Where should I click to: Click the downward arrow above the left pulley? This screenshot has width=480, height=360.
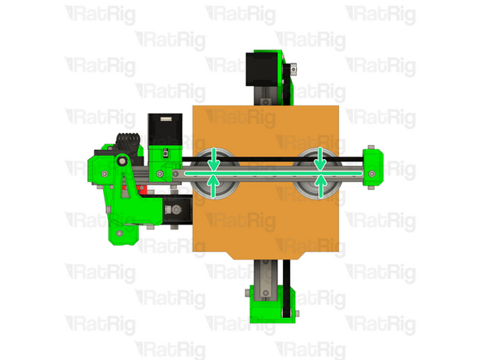tap(214, 159)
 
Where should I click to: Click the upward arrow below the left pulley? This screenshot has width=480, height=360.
tap(214, 186)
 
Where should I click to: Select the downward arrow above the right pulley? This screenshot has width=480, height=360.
tap(320, 159)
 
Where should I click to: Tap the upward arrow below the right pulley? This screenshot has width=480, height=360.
tap(320, 186)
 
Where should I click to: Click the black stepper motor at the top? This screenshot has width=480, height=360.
tap(262, 69)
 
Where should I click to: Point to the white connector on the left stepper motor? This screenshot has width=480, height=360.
tap(166, 118)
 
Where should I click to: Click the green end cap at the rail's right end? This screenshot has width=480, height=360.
tap(373, 167)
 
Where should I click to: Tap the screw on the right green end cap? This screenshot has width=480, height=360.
tap(371, 174)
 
